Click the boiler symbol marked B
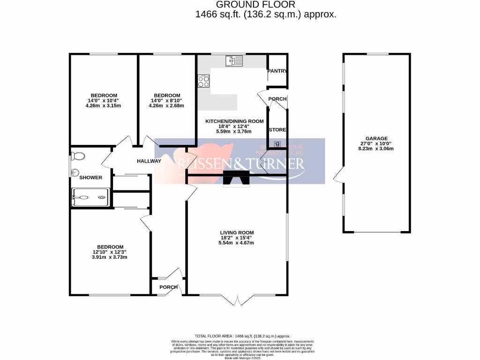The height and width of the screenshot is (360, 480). [x=277, y=143]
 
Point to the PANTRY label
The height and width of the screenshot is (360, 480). [x=277, y=71]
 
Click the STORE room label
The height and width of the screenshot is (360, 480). [x=277, y=130]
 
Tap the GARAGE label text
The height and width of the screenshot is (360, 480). [x=376, y=138]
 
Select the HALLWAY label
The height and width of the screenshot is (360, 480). [x=149, y=161]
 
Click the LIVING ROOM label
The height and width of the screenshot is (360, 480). [x=237, y=232]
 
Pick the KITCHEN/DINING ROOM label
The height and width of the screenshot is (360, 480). [x=234, y=121]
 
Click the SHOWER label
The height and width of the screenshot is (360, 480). [x=90, y=178]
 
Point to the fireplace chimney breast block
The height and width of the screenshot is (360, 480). [x=237, y=179]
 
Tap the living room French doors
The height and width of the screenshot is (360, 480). [x=238, y=300]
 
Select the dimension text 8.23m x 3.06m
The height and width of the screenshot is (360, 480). [x=376, y=149]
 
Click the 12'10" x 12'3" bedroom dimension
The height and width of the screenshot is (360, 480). [x=110, y=252]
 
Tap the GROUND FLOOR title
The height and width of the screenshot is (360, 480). [x=265, y=5]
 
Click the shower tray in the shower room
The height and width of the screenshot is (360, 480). [x=91, y=198]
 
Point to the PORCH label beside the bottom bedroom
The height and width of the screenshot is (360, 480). [x=168, y=287]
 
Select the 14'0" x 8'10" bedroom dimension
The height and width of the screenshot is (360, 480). [x=166, y=100]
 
